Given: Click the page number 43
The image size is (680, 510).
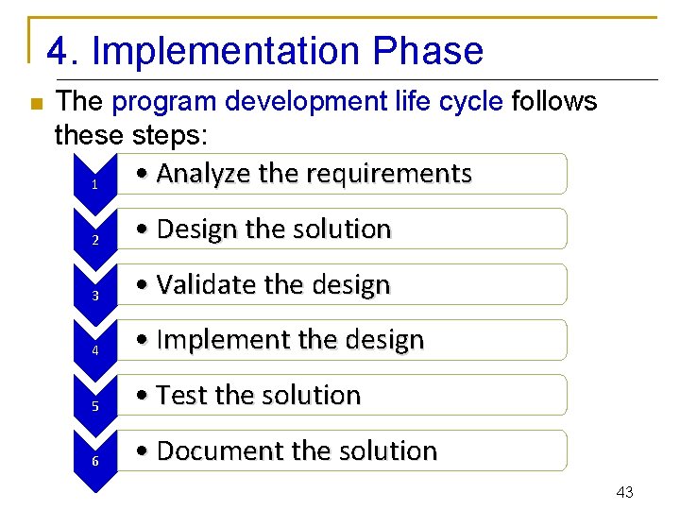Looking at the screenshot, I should pyautogui.click(x=624, y=492).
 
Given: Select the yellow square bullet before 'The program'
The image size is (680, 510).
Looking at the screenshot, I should pyautogui.click(x=35, y=104).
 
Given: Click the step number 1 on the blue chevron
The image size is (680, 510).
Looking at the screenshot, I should pyautogui.click(x=95, y=184).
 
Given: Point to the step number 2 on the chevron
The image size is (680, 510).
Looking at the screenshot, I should pyautogui.click(x=95, y=240).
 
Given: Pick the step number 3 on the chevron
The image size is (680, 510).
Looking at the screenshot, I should pyautogui.click(x=95, y=296).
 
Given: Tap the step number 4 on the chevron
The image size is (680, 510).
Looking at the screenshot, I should pyautogui.click(x=95, y=350).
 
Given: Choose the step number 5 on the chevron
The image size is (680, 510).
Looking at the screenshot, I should pyautogui.click(x=95, y=406).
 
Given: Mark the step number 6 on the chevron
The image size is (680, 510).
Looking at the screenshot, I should pyautogui.click(x=95, y=462).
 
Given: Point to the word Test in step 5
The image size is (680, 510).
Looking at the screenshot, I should pyautogui.click(x=182, y=395).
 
